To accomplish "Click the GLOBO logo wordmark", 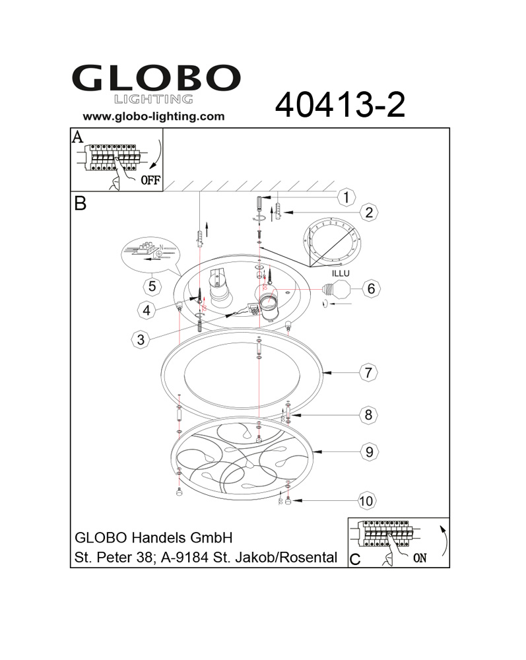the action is click(156, 78).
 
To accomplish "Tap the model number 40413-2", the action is click(340, 105).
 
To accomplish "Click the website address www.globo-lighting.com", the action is click(154, 117).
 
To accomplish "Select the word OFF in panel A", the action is click(150, 180).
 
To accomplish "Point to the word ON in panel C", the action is click(420, 558).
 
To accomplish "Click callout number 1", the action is click(346, 197).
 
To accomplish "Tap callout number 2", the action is click(369, 212).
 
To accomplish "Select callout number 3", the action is click(141, 340).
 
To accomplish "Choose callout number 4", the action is click(147, 310).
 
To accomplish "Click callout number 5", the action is click(152, 286).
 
